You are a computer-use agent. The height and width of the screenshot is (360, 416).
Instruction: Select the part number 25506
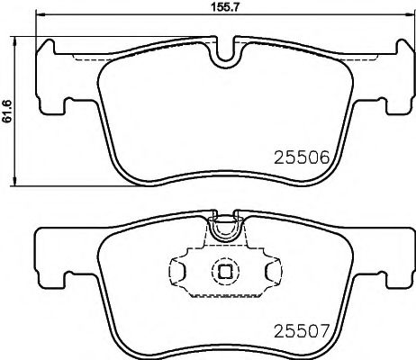tap(297, 156)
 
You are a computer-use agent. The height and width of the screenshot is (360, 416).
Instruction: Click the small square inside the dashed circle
tap(222, 269)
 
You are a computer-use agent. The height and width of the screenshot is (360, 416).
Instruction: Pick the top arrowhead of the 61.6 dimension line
tap(20, 40)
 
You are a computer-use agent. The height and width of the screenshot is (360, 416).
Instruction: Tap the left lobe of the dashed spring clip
tap(178, 269)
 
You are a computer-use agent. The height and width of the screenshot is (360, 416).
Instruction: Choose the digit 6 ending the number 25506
tap(317, 156)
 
